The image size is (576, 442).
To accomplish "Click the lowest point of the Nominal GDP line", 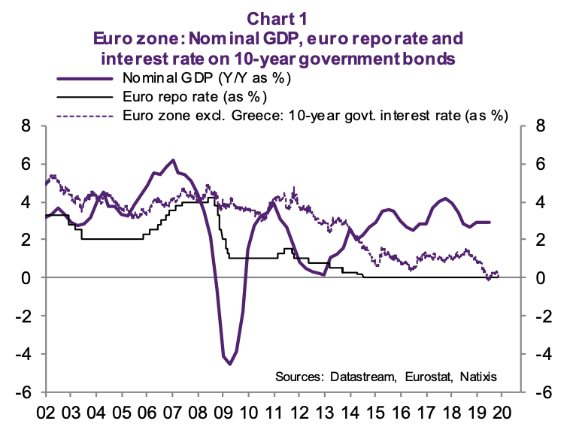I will pyautogui.click(x=230, y=364).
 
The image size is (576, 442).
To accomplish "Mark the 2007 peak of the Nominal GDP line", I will pyautogui.click(x=174, y=160).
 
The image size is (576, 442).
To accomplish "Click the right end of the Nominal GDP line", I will pyautogui.click(x=490, y=223).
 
